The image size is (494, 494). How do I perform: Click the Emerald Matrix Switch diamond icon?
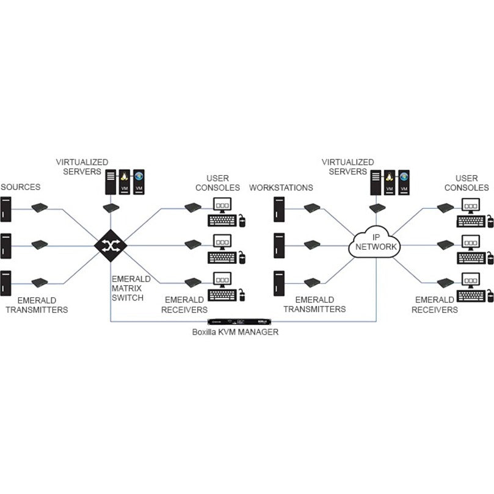pyautogui.click(x=111, y=245)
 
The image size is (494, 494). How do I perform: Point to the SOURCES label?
pyautogui.click(x=20, y=186)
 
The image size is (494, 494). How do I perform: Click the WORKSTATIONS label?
pyautogui.click(x=281, y=187)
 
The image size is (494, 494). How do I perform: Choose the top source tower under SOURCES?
pyautogui.click(x=6, y=209)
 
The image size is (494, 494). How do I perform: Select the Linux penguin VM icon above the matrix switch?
pyautogui.click(x=125, y=182)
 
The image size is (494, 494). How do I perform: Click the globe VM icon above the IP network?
pyautogui.click(x=404, y=182)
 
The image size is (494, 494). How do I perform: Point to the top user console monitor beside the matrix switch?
pyautogui.click(x=222, y=206)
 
